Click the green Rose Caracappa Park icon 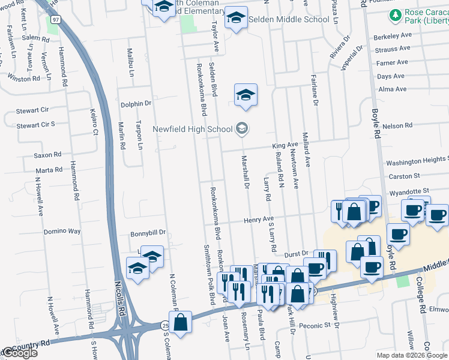[x=396, y=14]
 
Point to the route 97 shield [x=55, y=20]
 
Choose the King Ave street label [x=285, y=145]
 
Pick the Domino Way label [x=62, y=231]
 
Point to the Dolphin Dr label [x=135, y=104]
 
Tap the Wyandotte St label [x=409, y=191]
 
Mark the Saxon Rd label [x=45, y=155]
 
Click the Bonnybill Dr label [x=148, y=234]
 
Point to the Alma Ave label [x=393, y=89]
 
